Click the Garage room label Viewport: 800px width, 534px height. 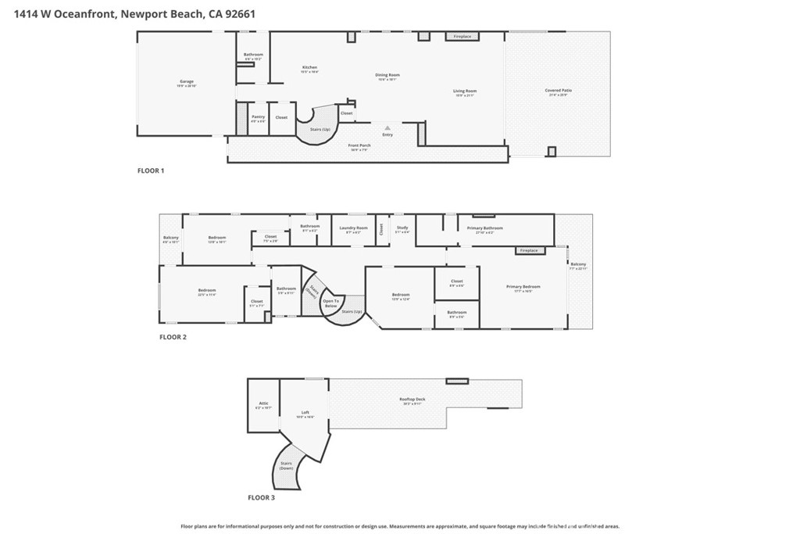[186, 82]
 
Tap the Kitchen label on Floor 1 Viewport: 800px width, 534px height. [310, 68]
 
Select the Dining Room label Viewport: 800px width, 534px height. [387, 76]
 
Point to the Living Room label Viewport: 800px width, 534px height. [465, 91]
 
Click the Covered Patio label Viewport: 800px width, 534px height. [558, 91]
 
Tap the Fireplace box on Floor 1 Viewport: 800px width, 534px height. [462, 36]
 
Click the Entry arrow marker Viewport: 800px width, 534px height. [387, 126]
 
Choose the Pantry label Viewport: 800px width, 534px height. [258, 118]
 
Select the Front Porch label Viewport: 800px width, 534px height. [359, 145]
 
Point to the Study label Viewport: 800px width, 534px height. [402, 228]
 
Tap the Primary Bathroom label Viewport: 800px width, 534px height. [484, 229]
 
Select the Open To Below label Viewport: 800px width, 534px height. [331, 303]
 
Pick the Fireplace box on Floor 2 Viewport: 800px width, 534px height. [529, 250]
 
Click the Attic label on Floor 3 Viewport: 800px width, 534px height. [262, 404]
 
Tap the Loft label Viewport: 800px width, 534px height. [305, 413]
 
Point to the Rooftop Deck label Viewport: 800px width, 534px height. [412, 400]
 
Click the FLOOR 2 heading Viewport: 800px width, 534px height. [173, 337]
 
